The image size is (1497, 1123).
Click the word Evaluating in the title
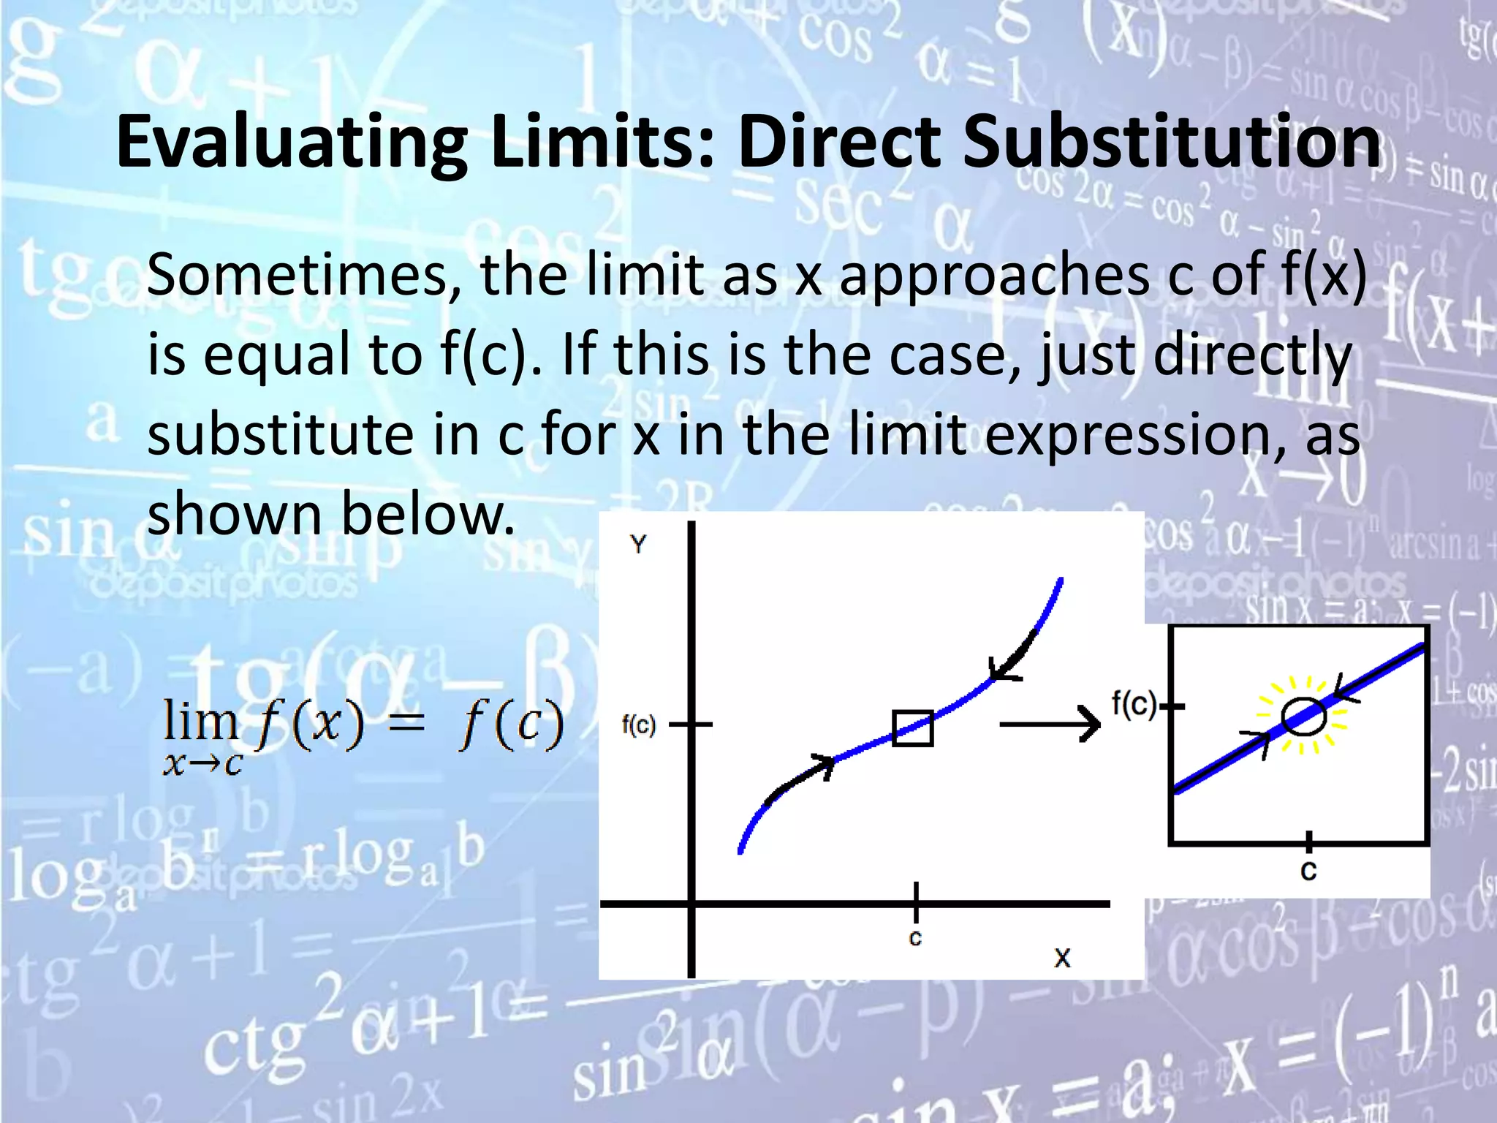(292, 143)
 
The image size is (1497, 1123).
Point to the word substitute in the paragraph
(281, 434)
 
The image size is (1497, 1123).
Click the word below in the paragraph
(428, 514)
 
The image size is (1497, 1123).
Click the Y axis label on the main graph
(638, 545)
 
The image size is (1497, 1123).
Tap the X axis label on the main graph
(1062, 958)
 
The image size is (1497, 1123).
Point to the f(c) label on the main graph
(639, 725)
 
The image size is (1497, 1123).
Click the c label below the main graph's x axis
(915, 937)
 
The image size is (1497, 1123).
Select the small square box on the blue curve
(913, 728)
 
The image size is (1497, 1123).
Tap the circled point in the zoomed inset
(1303, 716)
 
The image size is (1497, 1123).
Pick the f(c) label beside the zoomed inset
(1134, 704)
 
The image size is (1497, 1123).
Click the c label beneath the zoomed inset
(1308, 871)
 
